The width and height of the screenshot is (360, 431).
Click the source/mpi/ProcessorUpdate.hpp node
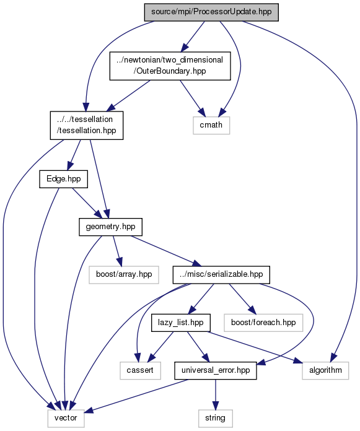pyautogui.click(x=211, y=12)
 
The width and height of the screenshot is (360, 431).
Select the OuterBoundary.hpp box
pyautogui.click(x=170, y=66)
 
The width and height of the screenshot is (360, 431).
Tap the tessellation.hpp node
pyautogui.click(x=87, y=125)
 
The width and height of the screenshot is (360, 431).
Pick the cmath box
pyautogui.click(x=211, y=125)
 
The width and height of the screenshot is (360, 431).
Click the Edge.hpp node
pyautogui.click(x=64, y=179)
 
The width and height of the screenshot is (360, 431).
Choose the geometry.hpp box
pyautogui.click(x=110, y=227)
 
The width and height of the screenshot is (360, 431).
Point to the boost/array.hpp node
pyautogui.click(x=124, y=274)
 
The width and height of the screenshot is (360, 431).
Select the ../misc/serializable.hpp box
pyautogui.click(x=221, y=274)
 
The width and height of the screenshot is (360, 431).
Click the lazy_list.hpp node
pyautogui.click(x=181, y=323)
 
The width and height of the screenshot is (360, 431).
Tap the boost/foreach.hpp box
pyautogui.click(x=263, y=323)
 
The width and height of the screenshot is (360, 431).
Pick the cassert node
pyautogui.click(x=140, y=370)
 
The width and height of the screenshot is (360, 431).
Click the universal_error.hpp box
pyautogui.click(x=216, y=370)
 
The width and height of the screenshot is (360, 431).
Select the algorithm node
pyautogui.click(x=325, y=370)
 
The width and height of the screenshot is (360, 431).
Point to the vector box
pyautogui.click(x=66, y=419)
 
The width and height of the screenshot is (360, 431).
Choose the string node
pyautogui.click(x=216, y=419)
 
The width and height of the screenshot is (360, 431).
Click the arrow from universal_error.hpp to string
pyautogui.click(x=216, y=394)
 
